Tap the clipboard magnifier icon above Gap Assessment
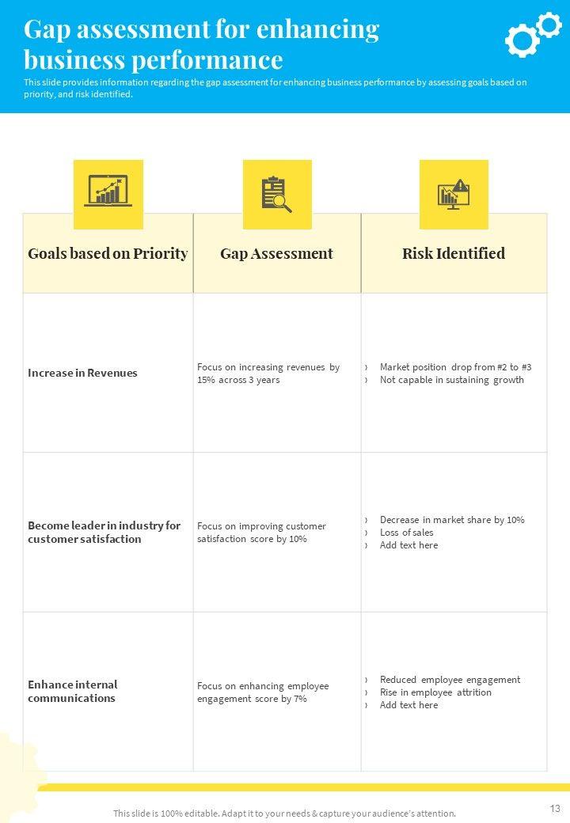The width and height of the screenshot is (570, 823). [276, 194]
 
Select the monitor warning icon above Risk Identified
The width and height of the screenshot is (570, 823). [454, 194]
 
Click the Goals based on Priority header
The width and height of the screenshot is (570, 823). [108, 254]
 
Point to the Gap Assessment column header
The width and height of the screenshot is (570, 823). [276, 254]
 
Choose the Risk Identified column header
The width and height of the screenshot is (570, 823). [454, 254]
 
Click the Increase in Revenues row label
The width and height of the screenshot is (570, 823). [82, 373]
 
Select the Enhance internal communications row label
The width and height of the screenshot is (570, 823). [73, 691]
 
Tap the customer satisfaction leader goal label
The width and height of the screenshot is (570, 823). [104, 532]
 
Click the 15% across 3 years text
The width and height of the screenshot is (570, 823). [238, 380]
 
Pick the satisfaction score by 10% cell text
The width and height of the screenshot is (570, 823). [252, 539]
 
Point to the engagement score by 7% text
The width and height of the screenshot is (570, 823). [252, 699]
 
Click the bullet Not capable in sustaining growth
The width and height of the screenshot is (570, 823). [451, 380]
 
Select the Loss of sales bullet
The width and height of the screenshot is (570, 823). [406, 533]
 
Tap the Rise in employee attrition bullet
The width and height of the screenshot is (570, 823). [435, 692]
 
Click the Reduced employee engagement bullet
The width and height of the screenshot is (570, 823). [450, 680]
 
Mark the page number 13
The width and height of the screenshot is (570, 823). [554, 808]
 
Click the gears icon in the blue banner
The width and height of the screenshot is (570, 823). [532, 34]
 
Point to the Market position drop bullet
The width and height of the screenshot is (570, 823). [455, 367]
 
